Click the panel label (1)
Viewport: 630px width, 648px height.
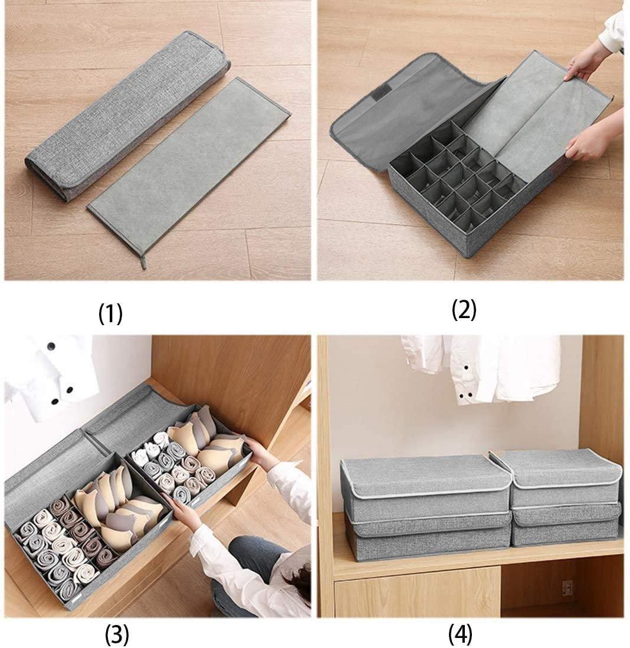pyautogui.click(x=110, y=314)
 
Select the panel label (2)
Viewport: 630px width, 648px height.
pyautogui.click(x=464, y=310)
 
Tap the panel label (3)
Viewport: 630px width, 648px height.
pyautogui.click(x=116, y=634)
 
